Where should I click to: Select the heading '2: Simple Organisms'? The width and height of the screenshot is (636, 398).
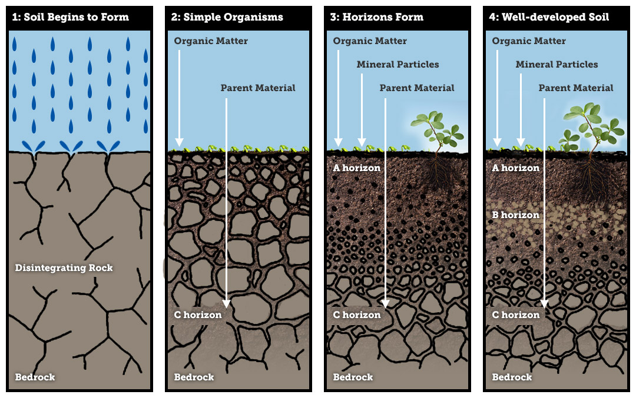(227, 17)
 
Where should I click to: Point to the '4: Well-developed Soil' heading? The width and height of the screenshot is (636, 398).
(548, 17)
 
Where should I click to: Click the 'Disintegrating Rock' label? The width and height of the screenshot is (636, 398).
(64, 268)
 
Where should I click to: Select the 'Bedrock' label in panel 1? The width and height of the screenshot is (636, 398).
(35, 377)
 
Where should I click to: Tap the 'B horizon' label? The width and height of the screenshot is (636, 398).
(515, 215)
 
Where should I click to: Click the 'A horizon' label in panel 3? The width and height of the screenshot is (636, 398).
(356, 168)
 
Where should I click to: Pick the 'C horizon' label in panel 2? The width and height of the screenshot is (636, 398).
(198, 315)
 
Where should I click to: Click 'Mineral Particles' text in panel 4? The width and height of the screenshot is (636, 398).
(556, 65)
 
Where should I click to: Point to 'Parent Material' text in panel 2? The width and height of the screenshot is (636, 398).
(258, 88)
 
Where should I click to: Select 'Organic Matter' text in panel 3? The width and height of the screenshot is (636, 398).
(370, 41)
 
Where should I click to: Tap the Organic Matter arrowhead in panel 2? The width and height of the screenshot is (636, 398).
(180, 142)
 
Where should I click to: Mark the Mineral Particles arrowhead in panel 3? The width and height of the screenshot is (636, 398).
(362, 142)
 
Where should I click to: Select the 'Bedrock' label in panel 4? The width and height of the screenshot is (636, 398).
(512, 377)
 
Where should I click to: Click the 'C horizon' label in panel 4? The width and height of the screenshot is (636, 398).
(516, 315)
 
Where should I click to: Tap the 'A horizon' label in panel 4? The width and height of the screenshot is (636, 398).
(515, 168)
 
